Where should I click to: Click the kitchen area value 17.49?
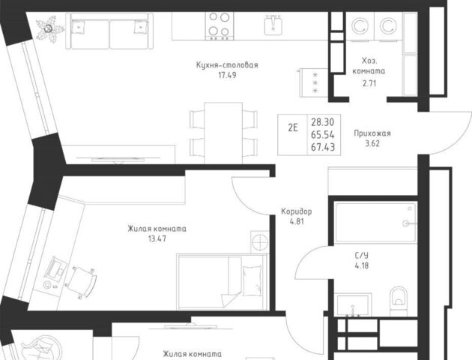click(x=227, y=75)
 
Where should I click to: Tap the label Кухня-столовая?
click(x=227, y=65)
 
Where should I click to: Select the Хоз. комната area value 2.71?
click(x=369, y=83)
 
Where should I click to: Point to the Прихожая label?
click(x=372, y=133)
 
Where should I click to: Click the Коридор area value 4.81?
click(x=297, y=222)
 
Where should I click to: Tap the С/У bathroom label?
click(x=362, y=256)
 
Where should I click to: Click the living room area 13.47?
click(x=157, y=239)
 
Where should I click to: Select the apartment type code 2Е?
click(x=293, y=127)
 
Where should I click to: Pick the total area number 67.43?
click(x=323, y=147)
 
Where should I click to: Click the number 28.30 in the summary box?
click(x=323, y=122)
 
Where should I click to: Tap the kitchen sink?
click(x=273, y=24)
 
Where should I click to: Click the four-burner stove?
click(x=220, y=25)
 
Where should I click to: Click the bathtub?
click(x=376, y=223)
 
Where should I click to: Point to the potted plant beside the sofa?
click(x=49, y=29)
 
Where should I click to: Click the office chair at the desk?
click(x=81, y=282)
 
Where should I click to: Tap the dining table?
click(x=223, y=133)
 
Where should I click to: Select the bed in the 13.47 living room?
click(x=223, y=281)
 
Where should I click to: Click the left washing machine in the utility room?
click(x=360, y=26)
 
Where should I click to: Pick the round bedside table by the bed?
click(x=259, y=241)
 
